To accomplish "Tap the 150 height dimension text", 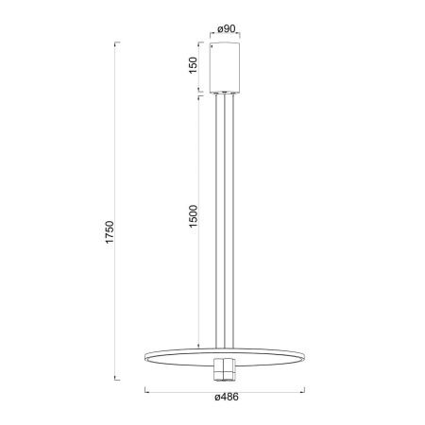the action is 193,65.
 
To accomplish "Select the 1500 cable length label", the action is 193,216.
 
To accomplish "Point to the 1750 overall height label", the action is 110,232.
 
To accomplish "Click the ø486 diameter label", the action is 227,397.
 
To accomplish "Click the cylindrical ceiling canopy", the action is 225,68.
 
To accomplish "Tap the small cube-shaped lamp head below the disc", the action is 225,369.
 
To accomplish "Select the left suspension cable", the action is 216,221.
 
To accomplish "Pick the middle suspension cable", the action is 225,221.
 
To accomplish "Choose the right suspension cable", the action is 233,221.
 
